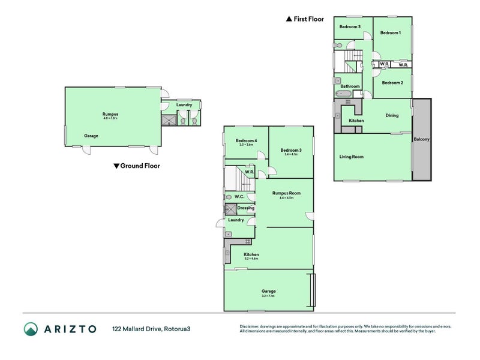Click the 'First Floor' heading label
coord(308,19)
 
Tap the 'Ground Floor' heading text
coord(140,166)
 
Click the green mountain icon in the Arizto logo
coord(31,329)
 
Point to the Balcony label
coord(421,140)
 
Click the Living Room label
coord(352,157)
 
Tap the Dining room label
coord(392,116)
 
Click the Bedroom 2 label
coord(392,83)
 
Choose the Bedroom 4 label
coord(248,141)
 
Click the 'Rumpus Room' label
coord(286,193)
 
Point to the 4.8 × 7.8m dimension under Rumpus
coord(110,118)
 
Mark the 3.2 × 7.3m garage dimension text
coord(268,296)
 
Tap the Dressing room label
coord(245,208)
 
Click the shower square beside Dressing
coord(230,209)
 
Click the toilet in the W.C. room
coord(229,197)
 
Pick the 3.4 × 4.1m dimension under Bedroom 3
coord(290,155)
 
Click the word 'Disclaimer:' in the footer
coord(251,326)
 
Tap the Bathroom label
coord(350,86)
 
